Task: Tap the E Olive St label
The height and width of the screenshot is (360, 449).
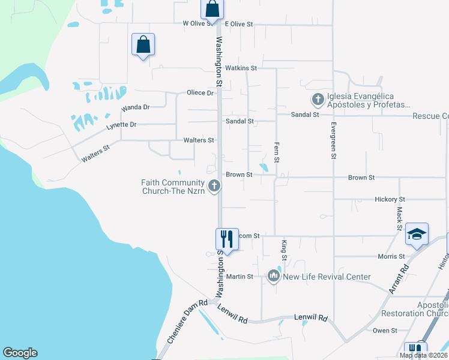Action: (239, 24)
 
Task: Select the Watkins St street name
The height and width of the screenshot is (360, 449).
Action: (241, 68)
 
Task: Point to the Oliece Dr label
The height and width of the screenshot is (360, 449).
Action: (200, 93)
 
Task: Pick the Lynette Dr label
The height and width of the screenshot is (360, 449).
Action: (121, 125)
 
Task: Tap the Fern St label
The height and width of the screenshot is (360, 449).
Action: (277, 152)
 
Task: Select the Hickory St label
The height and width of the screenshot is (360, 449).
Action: (390, 199)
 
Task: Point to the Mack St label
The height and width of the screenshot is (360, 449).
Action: (399, 219)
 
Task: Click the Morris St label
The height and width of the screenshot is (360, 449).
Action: (391, 257)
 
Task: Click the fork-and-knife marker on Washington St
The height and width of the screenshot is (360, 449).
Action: (226, 238)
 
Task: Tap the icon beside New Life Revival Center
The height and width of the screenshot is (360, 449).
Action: (274, 276)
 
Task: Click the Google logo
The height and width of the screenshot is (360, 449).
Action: (20, 353)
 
